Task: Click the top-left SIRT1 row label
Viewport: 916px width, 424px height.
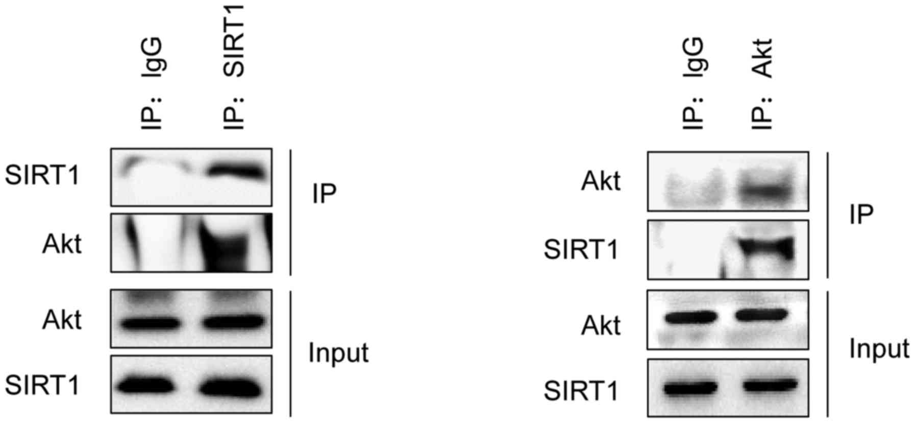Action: pos(42,175)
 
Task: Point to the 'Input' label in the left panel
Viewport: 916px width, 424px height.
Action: pos(338,352)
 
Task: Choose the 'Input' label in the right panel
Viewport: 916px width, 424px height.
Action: pos(879,349)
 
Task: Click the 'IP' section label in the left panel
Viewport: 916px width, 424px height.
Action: pos(325,194)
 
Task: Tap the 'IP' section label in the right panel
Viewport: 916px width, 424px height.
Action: pos(861,215)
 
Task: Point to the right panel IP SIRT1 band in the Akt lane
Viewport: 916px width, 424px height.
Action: pos(768,248)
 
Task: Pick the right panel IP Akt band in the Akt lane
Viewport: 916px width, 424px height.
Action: pos(768,191)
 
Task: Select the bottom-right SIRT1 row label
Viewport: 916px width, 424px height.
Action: pos(581,392)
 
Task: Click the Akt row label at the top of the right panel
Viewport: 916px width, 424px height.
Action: pos(601,181)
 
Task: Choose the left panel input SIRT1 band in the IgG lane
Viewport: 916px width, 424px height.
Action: pos(150,387)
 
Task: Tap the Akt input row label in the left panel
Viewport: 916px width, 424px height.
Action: pos(62,320)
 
